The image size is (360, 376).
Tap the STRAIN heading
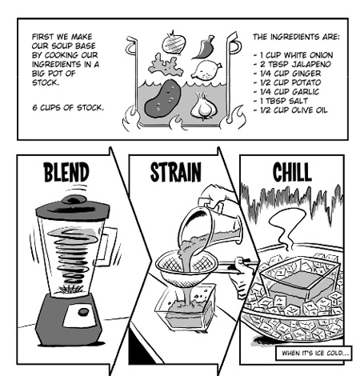[x=175, y=173]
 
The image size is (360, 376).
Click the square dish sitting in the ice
[x=297, y=285]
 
